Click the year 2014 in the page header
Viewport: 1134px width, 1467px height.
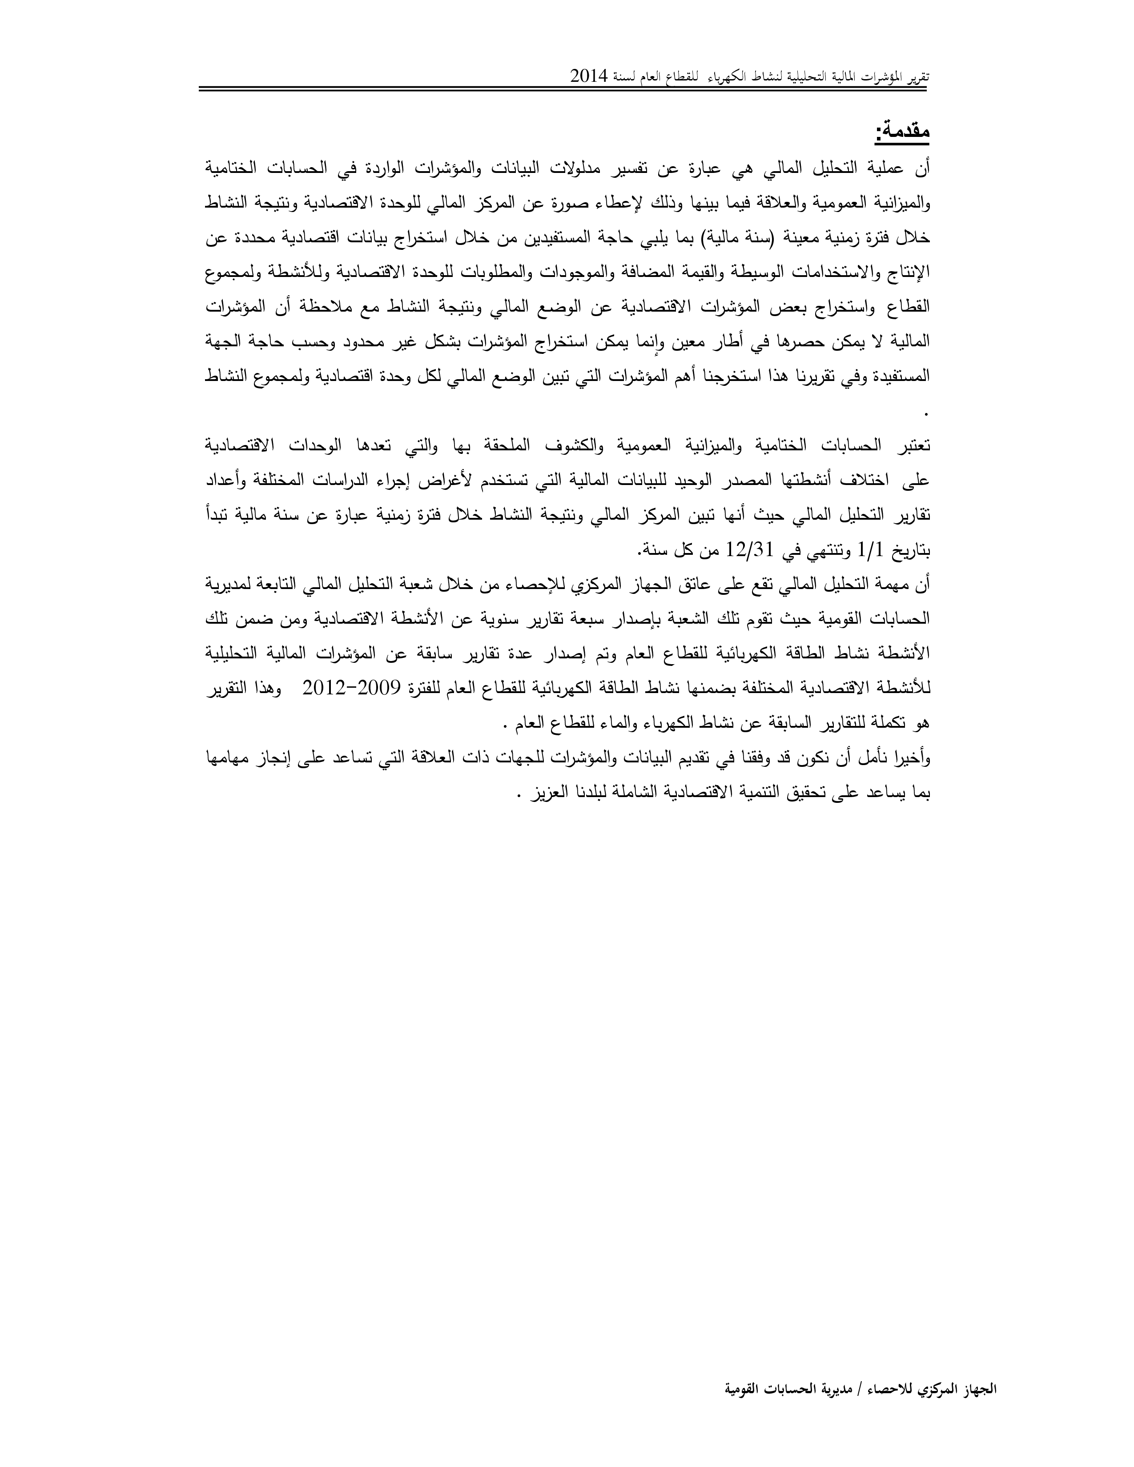point(589,76)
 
